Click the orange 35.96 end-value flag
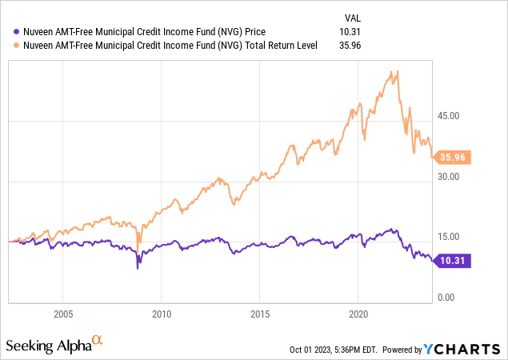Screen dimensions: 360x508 coord(453,158)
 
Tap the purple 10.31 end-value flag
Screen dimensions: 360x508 coord(453,260)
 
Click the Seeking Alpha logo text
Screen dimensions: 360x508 coord(47,345)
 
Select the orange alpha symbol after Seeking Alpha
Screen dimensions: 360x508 coord(98,340)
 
